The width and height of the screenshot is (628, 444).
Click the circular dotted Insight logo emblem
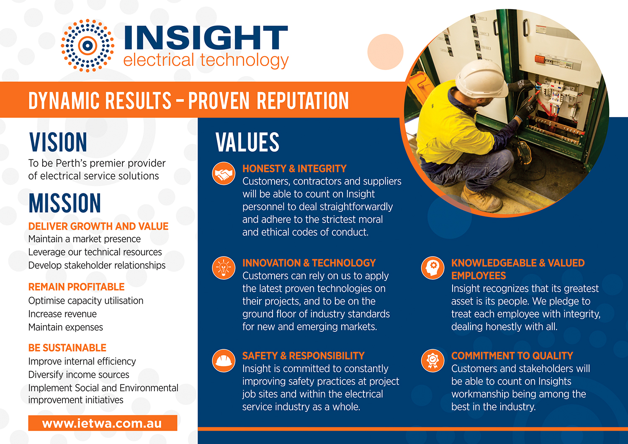pos(88,46)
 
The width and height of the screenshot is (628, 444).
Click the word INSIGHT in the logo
pos(206,38)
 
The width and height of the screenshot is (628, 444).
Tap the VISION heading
pos(58,142)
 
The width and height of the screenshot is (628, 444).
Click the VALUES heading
pos(247,142)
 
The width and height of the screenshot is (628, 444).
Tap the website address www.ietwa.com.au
pos(102,423)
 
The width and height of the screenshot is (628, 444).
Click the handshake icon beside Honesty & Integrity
pos(224,174)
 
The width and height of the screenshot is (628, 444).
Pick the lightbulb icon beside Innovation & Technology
pos(224,268)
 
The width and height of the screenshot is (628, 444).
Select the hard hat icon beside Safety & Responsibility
pos(224,361)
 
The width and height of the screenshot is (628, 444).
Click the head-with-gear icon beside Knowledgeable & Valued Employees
pos(432,268)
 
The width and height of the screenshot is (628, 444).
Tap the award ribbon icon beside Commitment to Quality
pos(432,361)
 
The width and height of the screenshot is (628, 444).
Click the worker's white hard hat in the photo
pos(481,80)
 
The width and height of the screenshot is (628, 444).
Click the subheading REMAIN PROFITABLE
pos(76,287)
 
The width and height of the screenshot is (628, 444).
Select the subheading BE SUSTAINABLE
pos(67,348)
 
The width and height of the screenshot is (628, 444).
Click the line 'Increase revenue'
pos(62,314)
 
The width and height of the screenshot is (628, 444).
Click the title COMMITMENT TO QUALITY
pos(512,356)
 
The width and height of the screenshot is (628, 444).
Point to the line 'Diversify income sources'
pos(79,375)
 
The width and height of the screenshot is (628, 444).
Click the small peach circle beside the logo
pos(385,52)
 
